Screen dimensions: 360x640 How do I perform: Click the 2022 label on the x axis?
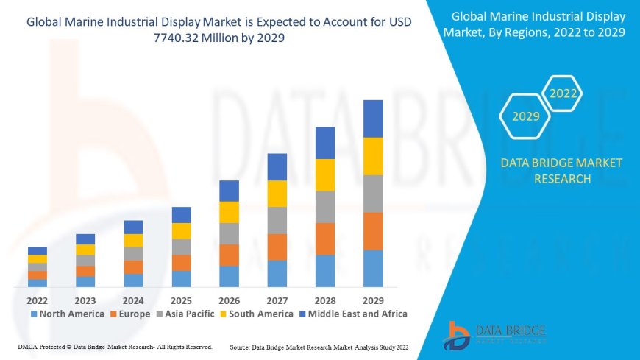(x=38, y=300)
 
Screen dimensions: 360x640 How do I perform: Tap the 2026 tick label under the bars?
(x=229, y=300)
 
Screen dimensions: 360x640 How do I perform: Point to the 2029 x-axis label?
(x=373, y=300)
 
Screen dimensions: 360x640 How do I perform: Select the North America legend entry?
(x=67, y=314)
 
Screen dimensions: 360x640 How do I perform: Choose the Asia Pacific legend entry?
(x=184, y=314)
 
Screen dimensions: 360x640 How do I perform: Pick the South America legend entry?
(x=258, y=314)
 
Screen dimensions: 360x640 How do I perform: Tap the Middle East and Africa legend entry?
(x=353, y=314)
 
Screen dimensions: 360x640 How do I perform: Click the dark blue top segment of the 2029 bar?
(x=373, y=119)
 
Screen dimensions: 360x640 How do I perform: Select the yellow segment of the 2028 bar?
(x=325, y=174)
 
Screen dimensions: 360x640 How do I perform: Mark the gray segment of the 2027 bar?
(x=277, y=220)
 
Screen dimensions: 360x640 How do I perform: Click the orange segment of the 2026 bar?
(x=229, y=255)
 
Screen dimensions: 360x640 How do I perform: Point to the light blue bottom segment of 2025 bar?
(x=181, y=278)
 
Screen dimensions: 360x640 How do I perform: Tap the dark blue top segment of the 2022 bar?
(x=38, y=251)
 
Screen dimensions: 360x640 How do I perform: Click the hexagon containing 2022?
(x=562, y=94)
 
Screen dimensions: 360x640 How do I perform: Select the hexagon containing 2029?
(x=525, y=116)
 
